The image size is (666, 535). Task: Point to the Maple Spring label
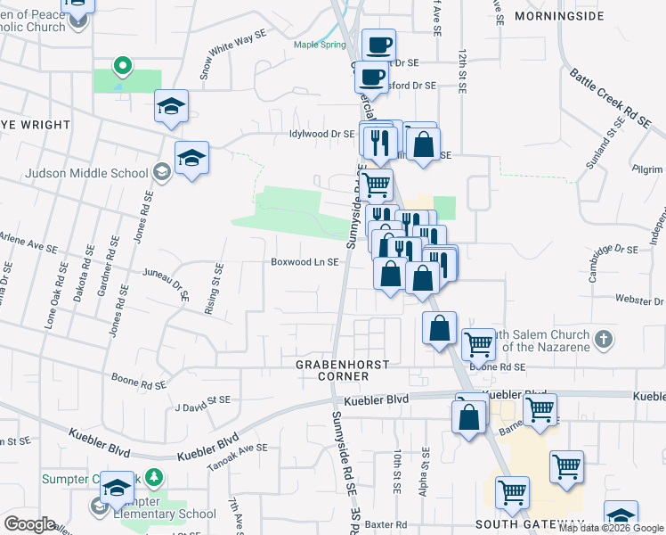321,44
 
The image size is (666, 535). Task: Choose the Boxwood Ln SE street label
305,262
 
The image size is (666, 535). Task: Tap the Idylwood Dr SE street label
321,134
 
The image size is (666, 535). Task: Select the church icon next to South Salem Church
604,339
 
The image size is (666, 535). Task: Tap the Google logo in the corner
28,524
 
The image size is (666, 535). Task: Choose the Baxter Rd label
389,524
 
